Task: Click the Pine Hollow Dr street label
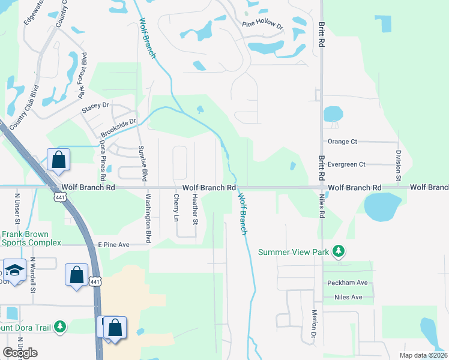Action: coord(262,25)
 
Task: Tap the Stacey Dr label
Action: coord(96,104)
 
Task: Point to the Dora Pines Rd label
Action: coord(102,162)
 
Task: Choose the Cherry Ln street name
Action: coord(176,208)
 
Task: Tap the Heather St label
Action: coord(194,209)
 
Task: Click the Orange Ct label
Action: coord(342,142)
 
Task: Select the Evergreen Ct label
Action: coord(346,164)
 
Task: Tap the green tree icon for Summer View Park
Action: coord(339,251)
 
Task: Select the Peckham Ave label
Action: coord(347,283)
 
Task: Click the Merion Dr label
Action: coord(314,326)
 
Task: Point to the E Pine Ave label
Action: coord(115,245)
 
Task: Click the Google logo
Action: coord(20,353)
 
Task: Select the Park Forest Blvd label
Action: coord(83,79)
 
